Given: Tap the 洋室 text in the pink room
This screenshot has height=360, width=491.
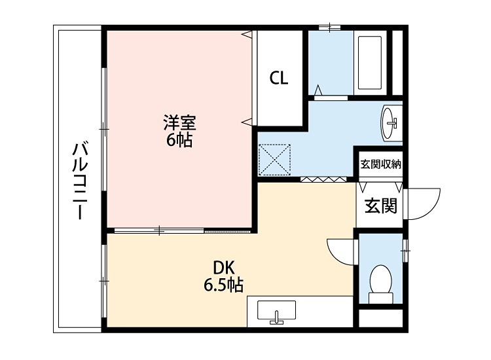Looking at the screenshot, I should point(179,122).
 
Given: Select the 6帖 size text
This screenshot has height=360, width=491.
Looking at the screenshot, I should point(179,139).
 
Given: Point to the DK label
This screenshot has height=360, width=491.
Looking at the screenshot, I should point(223,268).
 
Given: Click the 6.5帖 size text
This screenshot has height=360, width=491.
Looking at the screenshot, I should point(223,285).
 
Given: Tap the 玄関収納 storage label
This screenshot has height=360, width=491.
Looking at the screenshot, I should point(380,164).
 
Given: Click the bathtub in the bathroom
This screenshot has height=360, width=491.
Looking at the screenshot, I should point(371,63).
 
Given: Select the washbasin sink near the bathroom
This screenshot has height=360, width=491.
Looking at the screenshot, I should point(391,122).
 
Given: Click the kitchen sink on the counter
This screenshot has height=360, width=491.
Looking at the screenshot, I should point(277,310).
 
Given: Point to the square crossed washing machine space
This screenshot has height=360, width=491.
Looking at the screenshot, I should point(274,160).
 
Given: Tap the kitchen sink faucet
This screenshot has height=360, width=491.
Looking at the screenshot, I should point(277,319).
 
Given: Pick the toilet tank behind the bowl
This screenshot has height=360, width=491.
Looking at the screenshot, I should point(380,298).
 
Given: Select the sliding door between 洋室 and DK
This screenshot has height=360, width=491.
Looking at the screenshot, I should point(160,230).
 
